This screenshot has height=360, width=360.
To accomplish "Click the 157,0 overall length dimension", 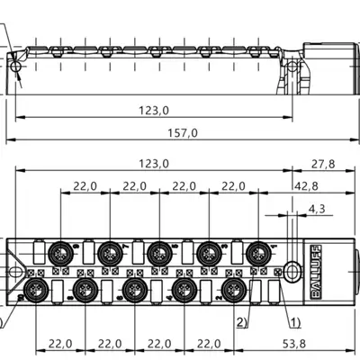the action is point(183,132).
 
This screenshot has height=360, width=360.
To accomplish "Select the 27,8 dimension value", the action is point(323,164).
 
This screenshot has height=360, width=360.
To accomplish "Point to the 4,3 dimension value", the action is point(317,208).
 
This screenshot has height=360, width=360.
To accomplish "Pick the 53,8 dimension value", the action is point(294,344).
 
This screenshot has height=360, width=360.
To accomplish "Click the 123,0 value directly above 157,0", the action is point(154,111).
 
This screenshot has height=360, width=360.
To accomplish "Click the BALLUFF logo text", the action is point(316,272).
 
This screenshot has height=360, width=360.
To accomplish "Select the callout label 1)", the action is point(294,322).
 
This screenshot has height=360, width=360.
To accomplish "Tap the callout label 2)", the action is point(242,322).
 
